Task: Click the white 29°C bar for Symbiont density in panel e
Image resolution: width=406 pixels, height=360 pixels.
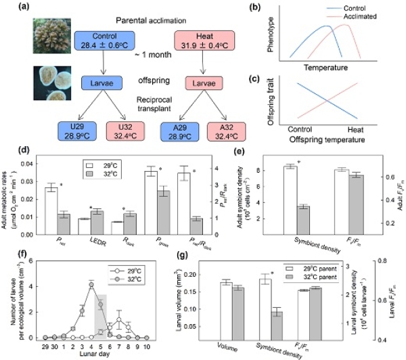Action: [x=291, y=200]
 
